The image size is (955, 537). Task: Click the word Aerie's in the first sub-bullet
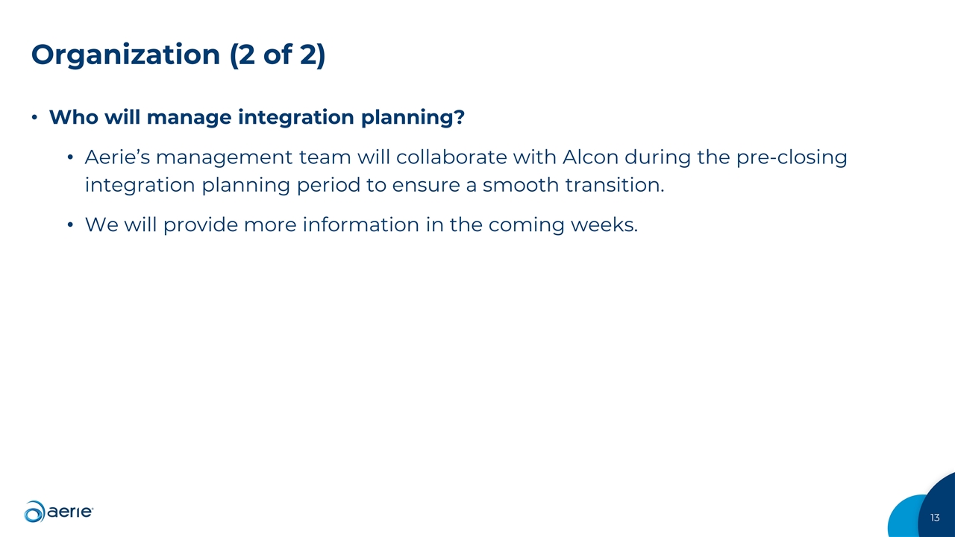118,158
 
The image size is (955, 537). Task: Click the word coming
525,224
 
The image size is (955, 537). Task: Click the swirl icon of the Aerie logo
34,512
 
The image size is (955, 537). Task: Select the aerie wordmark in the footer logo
70,512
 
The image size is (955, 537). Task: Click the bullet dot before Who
34,119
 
